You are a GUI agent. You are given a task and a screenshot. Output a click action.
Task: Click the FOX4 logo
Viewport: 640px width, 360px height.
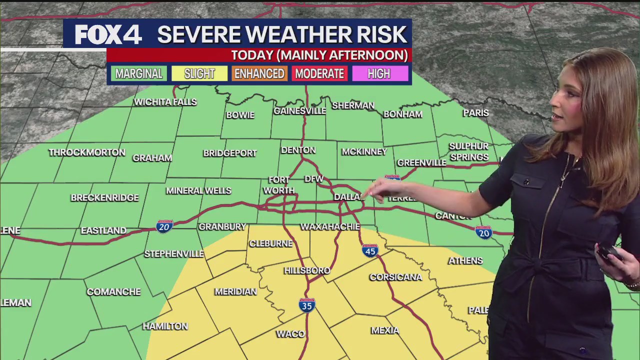pyautogui.click(x=108, y=34)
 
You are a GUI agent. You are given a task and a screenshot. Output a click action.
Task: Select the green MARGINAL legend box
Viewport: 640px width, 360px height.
pyautogui.click(x=139, y=74)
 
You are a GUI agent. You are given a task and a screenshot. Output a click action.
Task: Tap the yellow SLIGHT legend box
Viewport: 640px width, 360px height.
pyautogui.click(x=199, y=74)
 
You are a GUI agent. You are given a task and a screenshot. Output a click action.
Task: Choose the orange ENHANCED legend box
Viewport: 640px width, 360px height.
pyautogui.click(x=259, y=74)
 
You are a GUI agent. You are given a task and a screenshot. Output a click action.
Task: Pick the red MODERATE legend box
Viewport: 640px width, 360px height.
pyautogui.click(x=319, y=74)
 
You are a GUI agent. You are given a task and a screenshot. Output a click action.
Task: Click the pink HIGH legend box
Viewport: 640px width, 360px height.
pyautogui.click(x=379, y=74)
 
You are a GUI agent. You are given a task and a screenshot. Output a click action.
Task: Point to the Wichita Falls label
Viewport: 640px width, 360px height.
pyautogui.click(x=165, y=102)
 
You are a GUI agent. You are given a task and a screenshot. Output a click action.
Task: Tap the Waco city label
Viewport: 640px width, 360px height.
pyautogui.click(x=290, y=334)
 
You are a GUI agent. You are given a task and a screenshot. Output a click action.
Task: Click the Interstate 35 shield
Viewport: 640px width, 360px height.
pyautogui.click(x=307, y=305)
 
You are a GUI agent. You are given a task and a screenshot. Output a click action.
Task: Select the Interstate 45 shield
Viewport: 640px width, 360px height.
pyautogui.click(x=370, y=250)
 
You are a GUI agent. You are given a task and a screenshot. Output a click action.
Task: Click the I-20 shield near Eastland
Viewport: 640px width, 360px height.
pyautogui.click(x=164, y=226)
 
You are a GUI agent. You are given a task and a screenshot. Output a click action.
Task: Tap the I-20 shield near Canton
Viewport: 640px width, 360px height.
pyautogui.click(x=483, y=232)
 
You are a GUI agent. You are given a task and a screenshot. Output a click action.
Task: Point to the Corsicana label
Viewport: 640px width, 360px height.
pyautogui.click(x=395, y=277)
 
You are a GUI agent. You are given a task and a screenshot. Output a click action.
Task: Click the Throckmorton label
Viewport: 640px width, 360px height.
pyautogui.click(x=87, y=152)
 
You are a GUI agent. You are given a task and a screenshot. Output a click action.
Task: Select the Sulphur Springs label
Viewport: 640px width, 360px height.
pyautogui.click(x=468, y=151)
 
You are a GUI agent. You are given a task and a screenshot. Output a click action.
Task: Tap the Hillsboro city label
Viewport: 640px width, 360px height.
pyautogui.click(x=307, y=270)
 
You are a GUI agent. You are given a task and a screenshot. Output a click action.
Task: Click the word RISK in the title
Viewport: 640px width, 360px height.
pyautogui.click(x=382, y=34)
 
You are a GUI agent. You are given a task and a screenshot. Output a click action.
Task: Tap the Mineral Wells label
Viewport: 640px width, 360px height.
pyautogui.click(x=198, y=190)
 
